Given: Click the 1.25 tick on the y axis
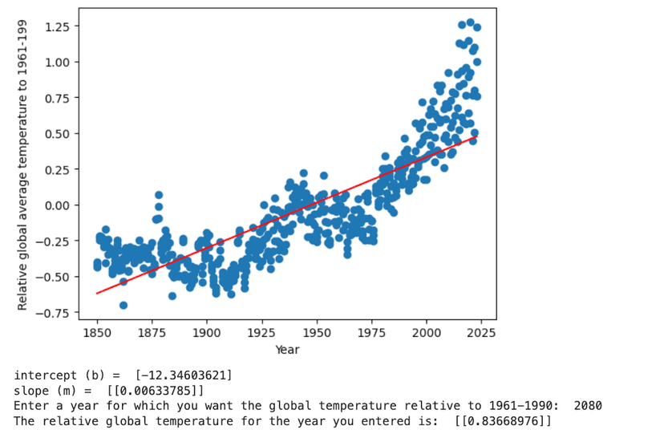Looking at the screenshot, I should pos(57,26).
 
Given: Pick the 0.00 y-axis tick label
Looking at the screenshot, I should pos(57,205).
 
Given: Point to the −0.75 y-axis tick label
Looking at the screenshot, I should pos(54,313).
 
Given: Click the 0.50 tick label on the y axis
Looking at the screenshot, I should pos(57,134).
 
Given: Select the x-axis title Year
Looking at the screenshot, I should pos(287,350).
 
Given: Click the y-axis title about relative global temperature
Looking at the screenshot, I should pos(23,164).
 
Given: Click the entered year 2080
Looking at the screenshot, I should pos(588,406).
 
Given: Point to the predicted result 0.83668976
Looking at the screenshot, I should pos(503,421).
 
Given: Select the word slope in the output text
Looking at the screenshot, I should pos(30,391).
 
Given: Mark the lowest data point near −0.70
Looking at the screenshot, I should pos(123,305).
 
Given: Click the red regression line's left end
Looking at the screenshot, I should pos(97,293).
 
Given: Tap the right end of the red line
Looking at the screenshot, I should pos(476,138).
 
